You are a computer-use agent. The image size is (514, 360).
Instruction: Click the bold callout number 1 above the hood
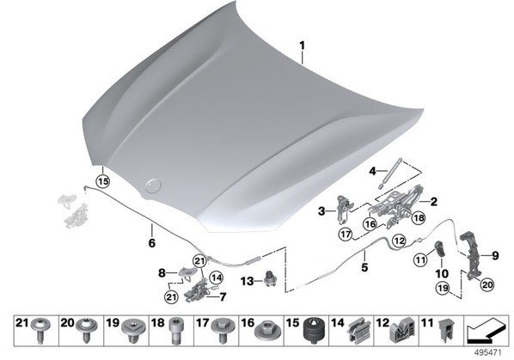(302, 46)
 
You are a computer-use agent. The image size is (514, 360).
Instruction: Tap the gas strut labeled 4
(391, 174)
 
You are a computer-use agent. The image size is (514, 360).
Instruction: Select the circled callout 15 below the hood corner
(103, 181)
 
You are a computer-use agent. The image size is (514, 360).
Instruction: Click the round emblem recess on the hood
(153, 186)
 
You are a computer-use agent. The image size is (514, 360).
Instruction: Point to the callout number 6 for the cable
(152, 243)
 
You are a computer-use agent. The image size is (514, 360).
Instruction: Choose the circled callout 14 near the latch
(216, 278)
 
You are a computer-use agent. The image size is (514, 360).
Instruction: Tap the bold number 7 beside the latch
(223, 296)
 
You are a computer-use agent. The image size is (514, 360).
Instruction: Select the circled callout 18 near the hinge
(419, 217)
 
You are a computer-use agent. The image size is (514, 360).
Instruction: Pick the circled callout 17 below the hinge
(346, 235)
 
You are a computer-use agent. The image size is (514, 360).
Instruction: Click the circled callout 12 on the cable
(400, 241)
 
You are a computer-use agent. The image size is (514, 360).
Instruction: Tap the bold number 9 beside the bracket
(494, 255)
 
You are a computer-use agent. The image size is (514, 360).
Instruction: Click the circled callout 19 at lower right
(443, 289)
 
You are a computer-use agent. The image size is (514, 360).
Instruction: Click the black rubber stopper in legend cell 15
(315, 330)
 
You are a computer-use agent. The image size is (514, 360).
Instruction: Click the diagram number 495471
(488, 353)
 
